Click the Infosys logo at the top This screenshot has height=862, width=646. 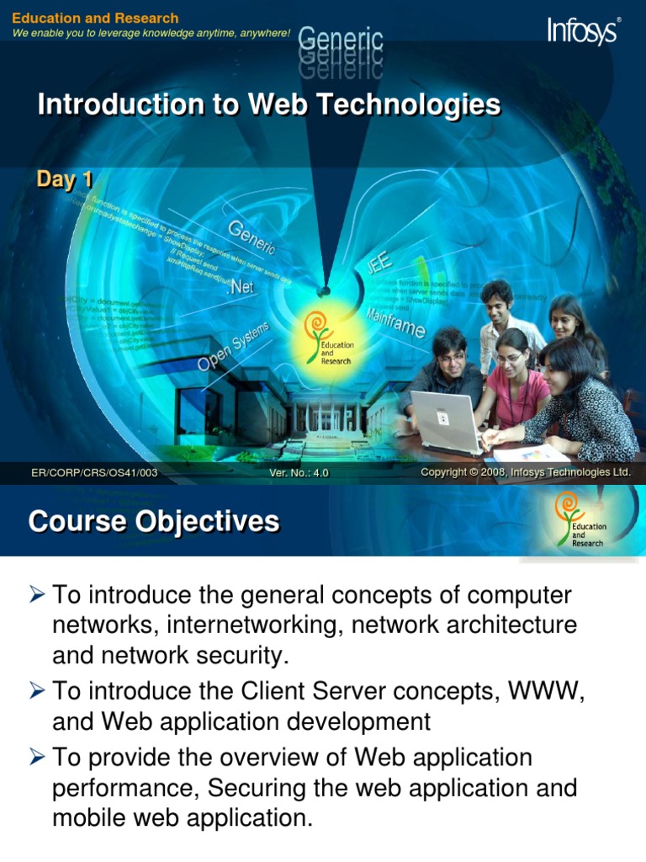(584, 31)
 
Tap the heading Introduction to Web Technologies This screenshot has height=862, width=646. (269, 105)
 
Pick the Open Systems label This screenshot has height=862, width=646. (233, 346)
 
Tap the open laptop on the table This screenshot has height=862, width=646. (446, 420)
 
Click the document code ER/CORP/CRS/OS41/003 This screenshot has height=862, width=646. (94, 473)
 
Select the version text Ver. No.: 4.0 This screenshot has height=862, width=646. (299, 473)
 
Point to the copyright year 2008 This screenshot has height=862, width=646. (491, 473)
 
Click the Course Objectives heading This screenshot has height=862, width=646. (154, 522)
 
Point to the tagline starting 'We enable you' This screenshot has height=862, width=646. (151, 33)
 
